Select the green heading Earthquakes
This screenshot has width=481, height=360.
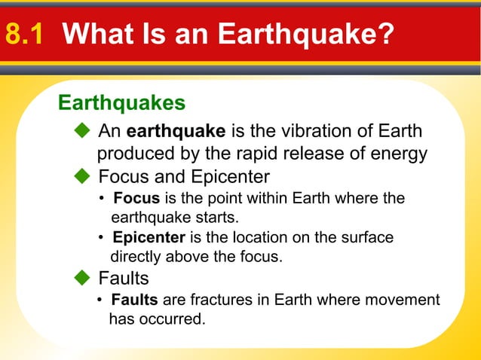pos(121,102)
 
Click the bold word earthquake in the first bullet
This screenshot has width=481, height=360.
pos(176,132)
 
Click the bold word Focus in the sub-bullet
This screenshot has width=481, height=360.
pos(136,199)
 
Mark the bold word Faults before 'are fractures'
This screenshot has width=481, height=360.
pos(134,301)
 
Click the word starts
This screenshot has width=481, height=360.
pos(219,218)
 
